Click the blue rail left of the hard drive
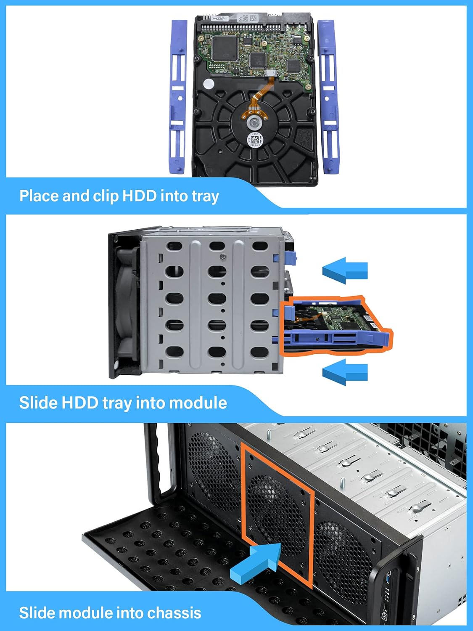click(x=177, y=97)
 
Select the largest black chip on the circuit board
click(x=225, y=48)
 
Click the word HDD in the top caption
click(x=139, y=196)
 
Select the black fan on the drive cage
click(x=126, y=305)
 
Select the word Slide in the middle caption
click(x=38, y=403)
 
